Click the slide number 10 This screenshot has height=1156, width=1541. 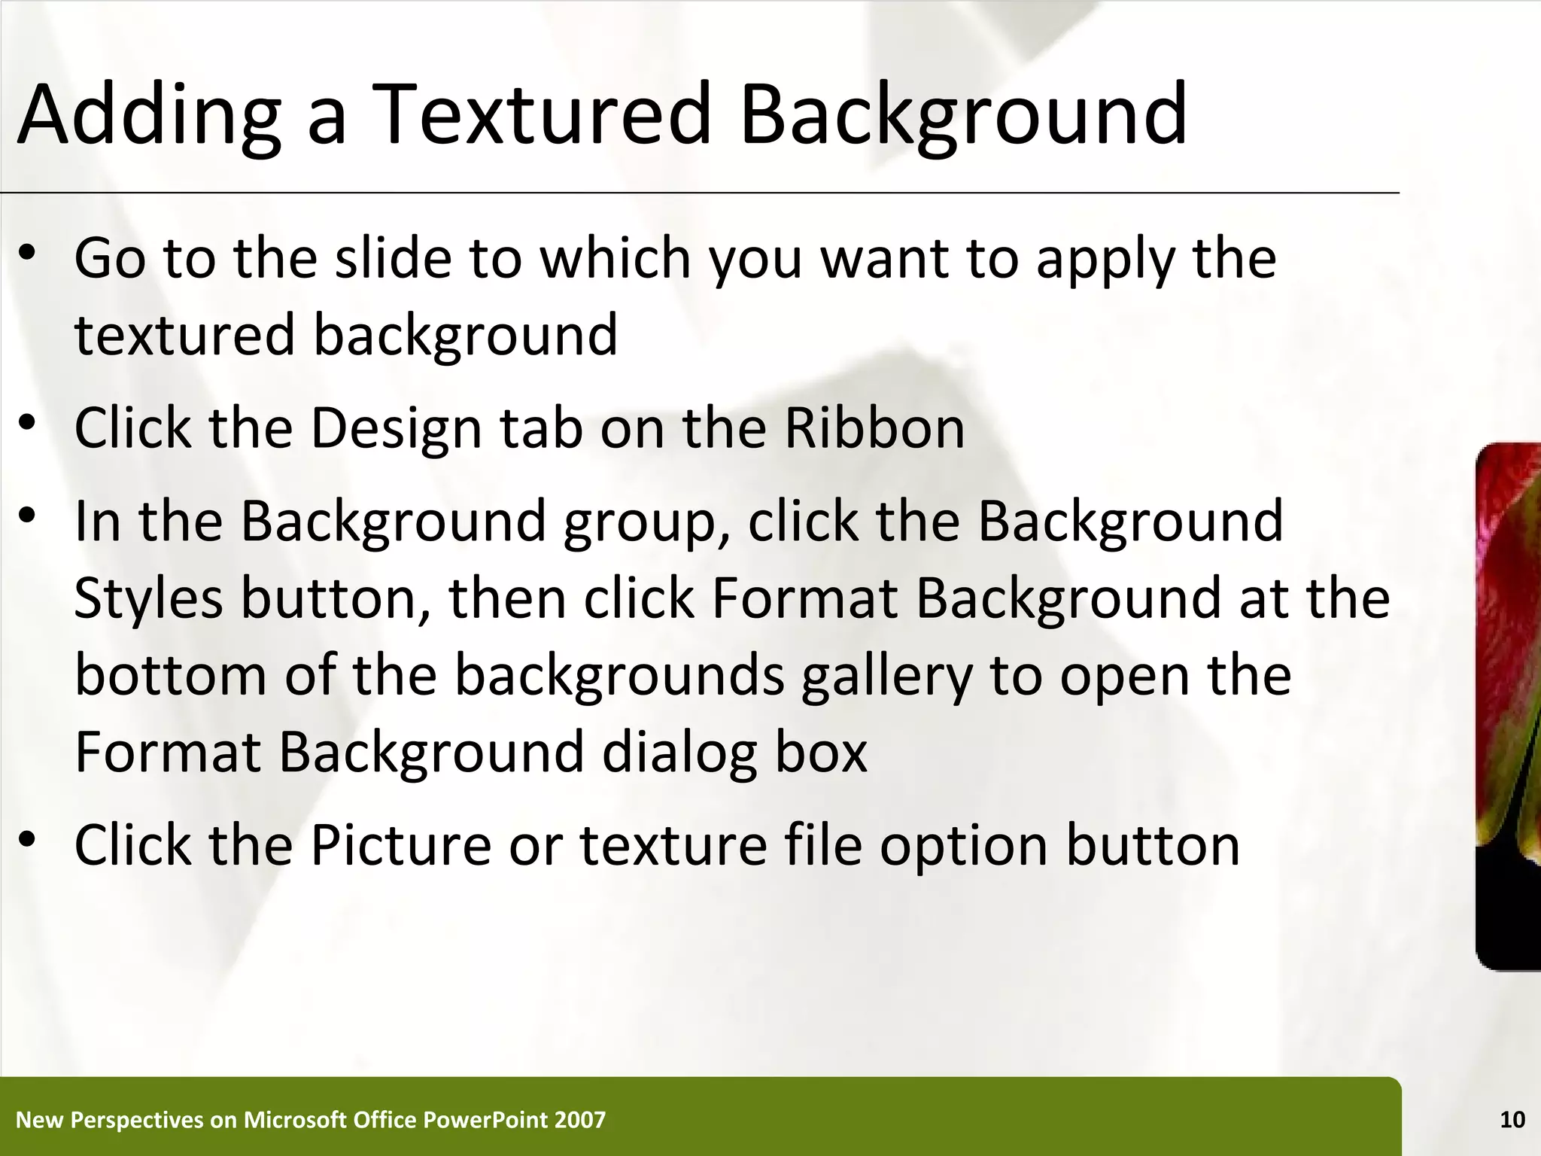1512,1120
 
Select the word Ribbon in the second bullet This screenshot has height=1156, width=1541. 874,428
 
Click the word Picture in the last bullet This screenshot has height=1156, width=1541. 400,845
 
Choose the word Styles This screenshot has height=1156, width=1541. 148,598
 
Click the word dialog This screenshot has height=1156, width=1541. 679,752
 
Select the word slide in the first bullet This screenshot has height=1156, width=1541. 393,258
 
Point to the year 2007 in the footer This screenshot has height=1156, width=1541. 579,1120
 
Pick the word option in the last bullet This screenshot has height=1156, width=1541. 964,845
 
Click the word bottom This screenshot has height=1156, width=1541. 171,675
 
